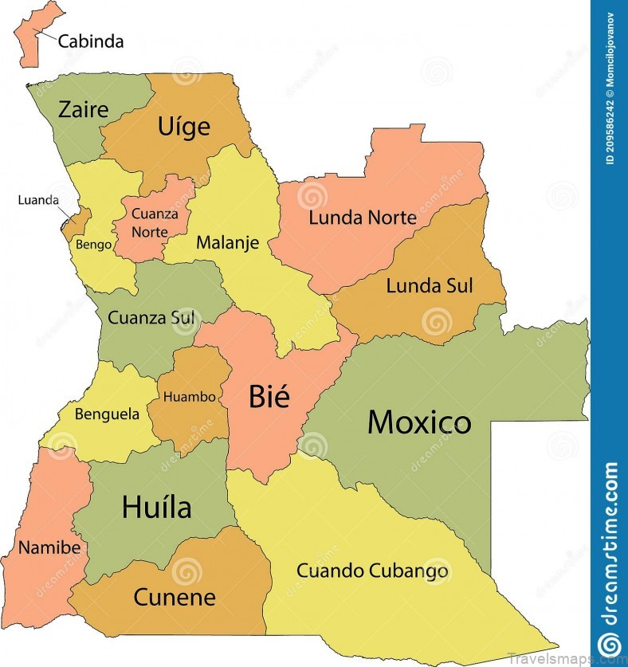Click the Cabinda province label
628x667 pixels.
(x=91, y=41)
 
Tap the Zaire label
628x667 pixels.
(x=83, y=109)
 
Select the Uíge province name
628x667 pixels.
(x=183, y=126)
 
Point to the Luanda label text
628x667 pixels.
(x=38, y=199)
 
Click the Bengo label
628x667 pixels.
(x=94, y=245)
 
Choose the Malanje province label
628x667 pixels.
(x=227, y=242)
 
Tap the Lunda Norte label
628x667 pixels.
(x=363, y=217)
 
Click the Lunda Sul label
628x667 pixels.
(x=429, y=285)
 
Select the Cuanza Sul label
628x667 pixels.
(x=151, y=318)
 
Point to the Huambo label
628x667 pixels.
(x=189, y=396)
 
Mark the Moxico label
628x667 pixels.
(x=419, y=422)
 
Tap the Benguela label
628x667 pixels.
(x=107, y=414)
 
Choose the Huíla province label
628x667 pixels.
(x=156, y=506)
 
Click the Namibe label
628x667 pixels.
(x=49, y=547)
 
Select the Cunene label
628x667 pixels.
(x=174, y=596)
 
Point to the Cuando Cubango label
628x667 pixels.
(x=372, y=571)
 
